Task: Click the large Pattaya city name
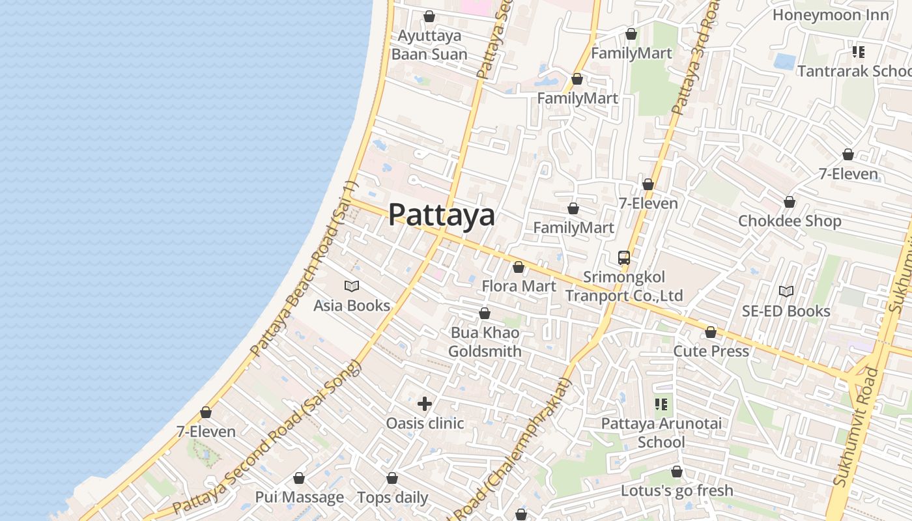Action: click(x=442, y=215)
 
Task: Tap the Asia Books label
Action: click(x=352, y=305)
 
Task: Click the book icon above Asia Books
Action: click(x=352, y=286)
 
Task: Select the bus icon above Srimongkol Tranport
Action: click(x=624, y=257)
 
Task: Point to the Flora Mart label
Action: click(x=519, y=286)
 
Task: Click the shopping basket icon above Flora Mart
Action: click(x=519, y=267)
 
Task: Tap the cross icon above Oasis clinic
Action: click(x=425, y=404)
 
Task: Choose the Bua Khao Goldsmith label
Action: click(x=485, y=342)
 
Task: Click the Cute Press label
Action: click(x=711, y=351)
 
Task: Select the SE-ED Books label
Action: click(x=786, y=311)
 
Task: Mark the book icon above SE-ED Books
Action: click(x=786, y=291)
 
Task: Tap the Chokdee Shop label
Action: click(x=790, y=221)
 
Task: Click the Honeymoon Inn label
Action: click(x=831, y=14)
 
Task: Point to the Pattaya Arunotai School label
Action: click(x=661, y=432)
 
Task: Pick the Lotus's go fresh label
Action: click(x=677, y=490)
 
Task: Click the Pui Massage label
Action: click(x=299, y=497)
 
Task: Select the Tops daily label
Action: click(x=392, y=498)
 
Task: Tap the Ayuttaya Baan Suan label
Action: click(x=429, y=44)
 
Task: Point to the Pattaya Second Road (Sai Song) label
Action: click(x=267, y=436)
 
